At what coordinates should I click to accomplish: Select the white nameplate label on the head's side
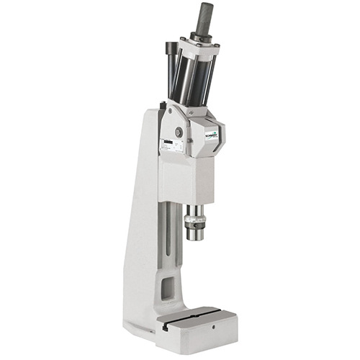(x=173, y=146)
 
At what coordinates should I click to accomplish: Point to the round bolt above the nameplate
(x=179, y=132)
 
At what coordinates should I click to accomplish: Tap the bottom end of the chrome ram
(x=195, y=235)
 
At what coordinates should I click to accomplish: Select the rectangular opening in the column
(x=167, y=289)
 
